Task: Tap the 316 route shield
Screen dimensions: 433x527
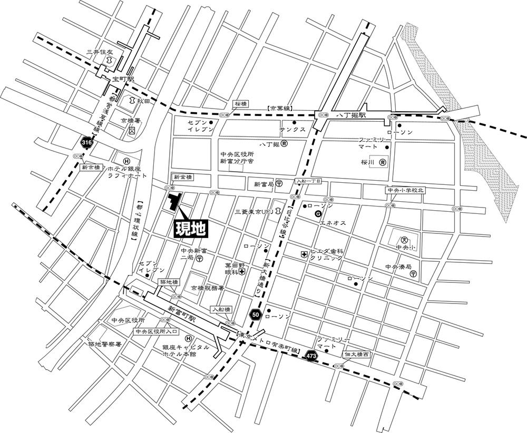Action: (x=87, y=142)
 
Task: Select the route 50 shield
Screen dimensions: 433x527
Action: (x=256, y=315)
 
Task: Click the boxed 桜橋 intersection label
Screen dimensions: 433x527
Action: (x=241, y=104)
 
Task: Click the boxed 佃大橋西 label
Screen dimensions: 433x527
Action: (x=357, y=355)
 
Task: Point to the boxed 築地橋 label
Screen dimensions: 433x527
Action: (x=169, y=282)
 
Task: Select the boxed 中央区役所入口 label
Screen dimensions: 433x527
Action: (x=157, y=332)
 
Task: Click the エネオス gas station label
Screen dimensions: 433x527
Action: (x=333, y=223)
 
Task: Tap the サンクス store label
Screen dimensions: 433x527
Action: (x=293, y=130)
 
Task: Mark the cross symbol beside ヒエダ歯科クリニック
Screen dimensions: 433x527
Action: (x=304, y=254)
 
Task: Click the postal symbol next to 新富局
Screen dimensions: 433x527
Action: (x=278, y=184)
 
